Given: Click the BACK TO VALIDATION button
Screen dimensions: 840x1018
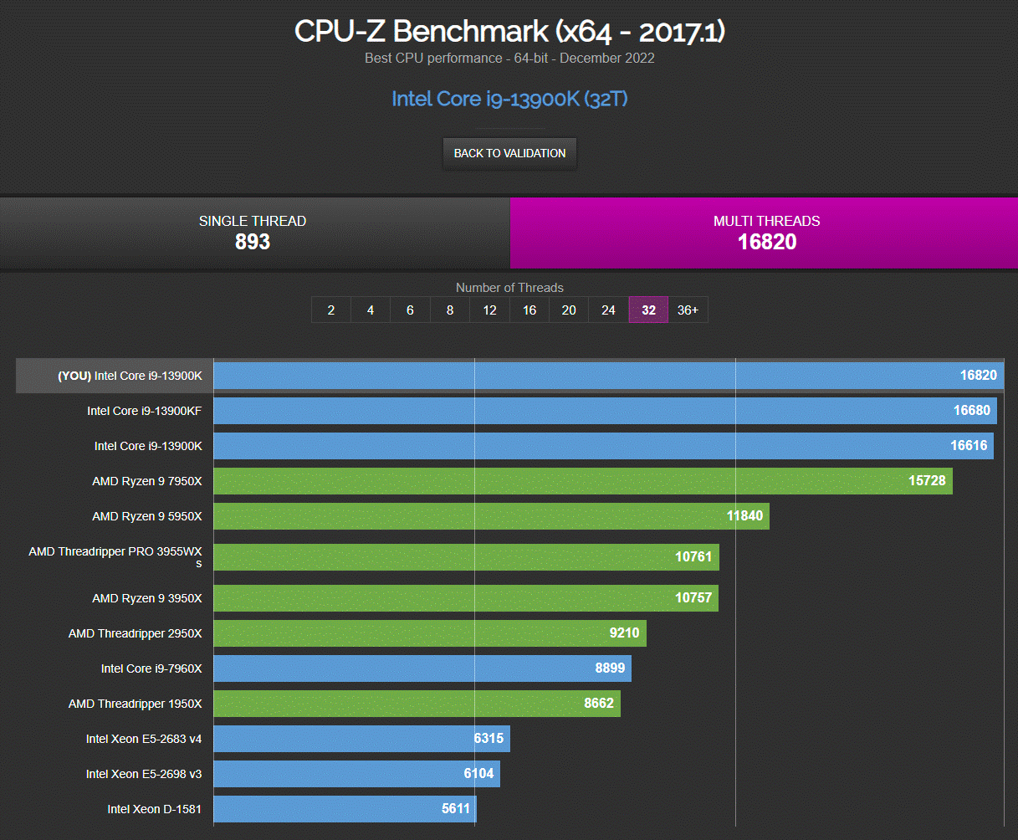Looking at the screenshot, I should [x=509, y=153].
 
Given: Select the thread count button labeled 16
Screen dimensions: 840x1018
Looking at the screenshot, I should [x=529, y=310].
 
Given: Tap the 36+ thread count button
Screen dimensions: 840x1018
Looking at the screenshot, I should [x=688, y=310].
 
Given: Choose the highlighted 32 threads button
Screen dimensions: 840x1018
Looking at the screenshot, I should [x=648, y=310].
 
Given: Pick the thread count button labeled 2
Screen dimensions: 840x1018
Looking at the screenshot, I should [x=331, y=310].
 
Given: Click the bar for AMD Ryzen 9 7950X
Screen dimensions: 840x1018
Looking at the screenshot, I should [x=583, y=481].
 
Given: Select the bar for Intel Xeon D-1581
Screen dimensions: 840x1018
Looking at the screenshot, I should [x=345, y=809].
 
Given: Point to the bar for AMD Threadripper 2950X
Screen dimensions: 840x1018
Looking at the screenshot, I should [x=430, y=633].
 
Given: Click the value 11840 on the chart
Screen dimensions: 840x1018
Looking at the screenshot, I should [x=744, y=515].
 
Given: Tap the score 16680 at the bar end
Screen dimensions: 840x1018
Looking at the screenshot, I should [x=971, y=410].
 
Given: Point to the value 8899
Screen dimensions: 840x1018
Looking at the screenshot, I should [x=610, y=668].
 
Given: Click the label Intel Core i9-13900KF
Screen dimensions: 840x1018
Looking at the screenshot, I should [x=145, y=411].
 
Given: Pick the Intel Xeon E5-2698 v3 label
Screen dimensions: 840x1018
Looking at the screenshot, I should [x=144, y=774].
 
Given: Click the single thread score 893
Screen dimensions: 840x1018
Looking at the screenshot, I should [x=253, y=242].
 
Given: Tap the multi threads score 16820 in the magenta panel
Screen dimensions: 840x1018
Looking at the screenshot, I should [x=766, y=242].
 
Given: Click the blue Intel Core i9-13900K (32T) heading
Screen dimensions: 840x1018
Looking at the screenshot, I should [x=509, y=99].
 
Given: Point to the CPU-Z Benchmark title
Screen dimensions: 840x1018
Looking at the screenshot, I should [x=509, y=32].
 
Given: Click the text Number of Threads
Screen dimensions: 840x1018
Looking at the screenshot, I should [x=509, y=288].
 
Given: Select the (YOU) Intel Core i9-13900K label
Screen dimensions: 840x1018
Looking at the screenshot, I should [x=130, y=376].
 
